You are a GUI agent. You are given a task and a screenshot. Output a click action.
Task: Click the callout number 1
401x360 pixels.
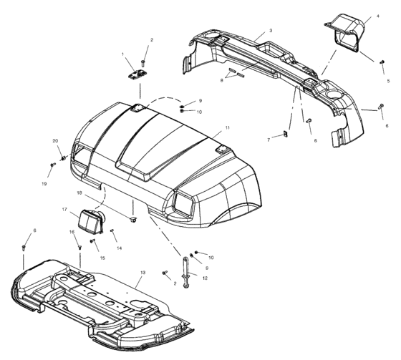[x=122, y=54]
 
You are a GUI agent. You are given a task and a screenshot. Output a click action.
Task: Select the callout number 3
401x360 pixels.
[x=271, y=31]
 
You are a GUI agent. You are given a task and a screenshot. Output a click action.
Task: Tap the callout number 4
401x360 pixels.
[x=378, y=16]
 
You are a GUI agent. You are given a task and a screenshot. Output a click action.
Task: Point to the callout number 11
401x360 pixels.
[x=228, y=127]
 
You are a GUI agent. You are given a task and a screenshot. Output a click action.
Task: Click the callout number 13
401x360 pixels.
[x=142, y=273]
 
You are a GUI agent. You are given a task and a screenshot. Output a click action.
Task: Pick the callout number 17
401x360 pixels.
[x=64, y=210]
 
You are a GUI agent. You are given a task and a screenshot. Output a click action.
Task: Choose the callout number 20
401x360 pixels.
[x=56, y=141]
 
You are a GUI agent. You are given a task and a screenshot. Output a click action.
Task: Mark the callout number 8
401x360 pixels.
[x=222, y=80]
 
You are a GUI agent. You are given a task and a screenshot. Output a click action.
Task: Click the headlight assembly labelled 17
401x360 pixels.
[x=91, y=222]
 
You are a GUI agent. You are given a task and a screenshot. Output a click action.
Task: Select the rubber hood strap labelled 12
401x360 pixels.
[x=185, y=272]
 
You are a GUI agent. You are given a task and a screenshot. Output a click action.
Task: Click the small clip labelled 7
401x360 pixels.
[x=286, y=133]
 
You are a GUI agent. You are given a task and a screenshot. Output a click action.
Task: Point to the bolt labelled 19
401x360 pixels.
[x=53, y=165]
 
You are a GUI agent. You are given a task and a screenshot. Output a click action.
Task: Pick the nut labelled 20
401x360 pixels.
[x=63, y=158]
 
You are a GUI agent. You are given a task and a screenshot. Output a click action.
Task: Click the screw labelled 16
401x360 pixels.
[x=79, y=247]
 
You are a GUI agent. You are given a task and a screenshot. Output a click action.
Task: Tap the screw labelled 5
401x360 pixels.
[x=382, y=62]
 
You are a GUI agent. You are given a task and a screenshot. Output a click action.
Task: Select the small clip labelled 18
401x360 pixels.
[x=133, y=219]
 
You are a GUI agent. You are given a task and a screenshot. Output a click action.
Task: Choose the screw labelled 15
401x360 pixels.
[x=92, y=240]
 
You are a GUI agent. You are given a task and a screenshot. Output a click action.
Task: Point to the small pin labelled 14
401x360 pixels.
[x=112, y=230]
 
